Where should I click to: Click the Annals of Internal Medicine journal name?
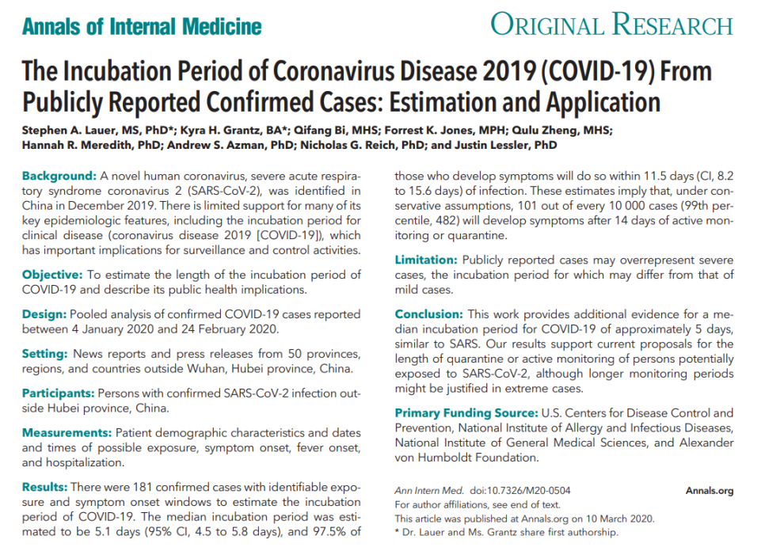(142, 26)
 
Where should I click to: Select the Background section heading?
(59, 175)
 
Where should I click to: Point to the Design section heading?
(45, 314)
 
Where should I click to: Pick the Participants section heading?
(59, 393)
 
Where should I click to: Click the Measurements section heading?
(67, 432)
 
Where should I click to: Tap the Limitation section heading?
(426, 260)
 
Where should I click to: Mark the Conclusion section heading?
(428, 313)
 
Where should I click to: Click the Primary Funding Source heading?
(466, 413)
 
